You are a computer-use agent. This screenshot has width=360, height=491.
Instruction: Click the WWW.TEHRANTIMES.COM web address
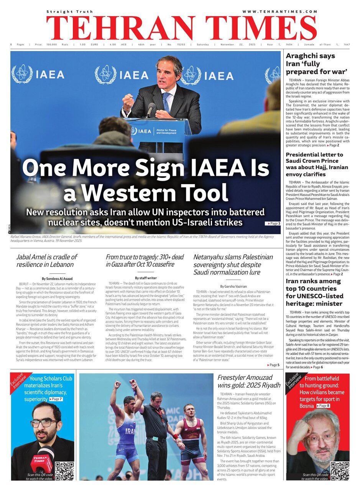(x=279, y=12)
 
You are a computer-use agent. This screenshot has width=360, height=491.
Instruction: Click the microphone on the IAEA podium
(x=151, y=109)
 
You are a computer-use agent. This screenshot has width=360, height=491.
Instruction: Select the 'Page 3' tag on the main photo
(x=273, y=223)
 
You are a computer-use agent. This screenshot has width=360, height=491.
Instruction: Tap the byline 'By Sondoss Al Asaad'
(x=57, y=278)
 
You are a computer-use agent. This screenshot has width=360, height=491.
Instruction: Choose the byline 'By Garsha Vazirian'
(x=233, y=286)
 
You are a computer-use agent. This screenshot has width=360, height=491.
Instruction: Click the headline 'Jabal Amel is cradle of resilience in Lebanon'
(x=47, y=260)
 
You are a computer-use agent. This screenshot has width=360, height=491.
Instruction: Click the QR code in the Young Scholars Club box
(x=64, y=471)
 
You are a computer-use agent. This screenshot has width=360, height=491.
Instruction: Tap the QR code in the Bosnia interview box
(x=340, y=471)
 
